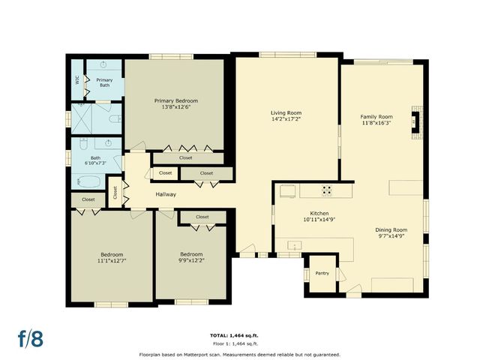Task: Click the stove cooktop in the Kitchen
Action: (x=327, y=190)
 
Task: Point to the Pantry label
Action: (x=322, y=273)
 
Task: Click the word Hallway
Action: (x=166, y=194)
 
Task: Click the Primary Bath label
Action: (x=105, y=82)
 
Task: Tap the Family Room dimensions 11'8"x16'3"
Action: (x=376, y=123)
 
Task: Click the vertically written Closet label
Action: (x=115, y=192)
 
